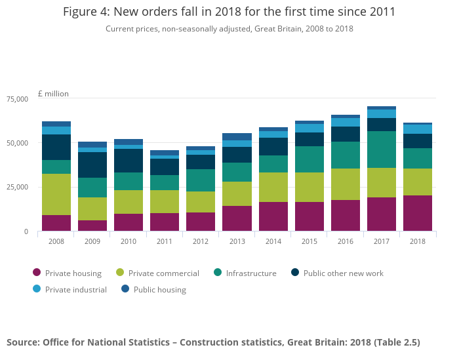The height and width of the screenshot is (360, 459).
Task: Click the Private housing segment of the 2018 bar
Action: coord(418,213)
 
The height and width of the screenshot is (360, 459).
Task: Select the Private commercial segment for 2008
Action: coord(56,194)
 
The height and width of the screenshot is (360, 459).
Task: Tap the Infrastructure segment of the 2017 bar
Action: coord(382,150)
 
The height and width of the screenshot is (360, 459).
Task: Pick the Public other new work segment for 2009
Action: coord(92,165)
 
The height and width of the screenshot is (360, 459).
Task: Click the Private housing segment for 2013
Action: coord(237,218)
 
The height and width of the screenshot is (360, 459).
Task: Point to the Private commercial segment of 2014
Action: coord(273,187)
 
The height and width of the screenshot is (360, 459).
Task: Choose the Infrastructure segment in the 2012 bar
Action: coord(201,180)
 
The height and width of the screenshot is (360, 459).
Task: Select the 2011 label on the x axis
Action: coord(165,241)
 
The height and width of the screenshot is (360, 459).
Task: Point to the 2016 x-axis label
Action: coord(345,241)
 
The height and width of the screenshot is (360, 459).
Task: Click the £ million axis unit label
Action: coord(53,94)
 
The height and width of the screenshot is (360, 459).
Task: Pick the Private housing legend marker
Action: coord(37,273)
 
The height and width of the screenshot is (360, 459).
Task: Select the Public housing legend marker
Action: coord(125,289)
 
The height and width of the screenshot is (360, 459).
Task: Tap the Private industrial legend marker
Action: coord(37,289)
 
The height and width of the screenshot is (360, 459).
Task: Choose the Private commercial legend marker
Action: coord(119,273)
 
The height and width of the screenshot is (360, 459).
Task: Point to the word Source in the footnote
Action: coord(24,342)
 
